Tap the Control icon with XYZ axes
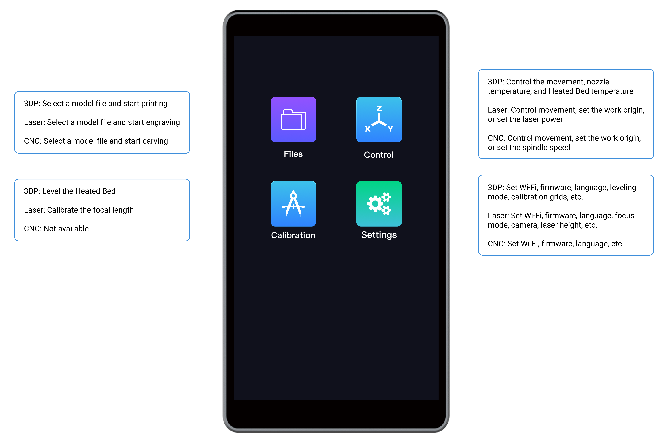pyautogui.click(x=379, y=120)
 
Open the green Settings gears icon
pyautogui.click(x=379, y=204)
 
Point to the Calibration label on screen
pyautogui.click(x=293, y=235)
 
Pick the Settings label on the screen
pyautogui.click(x=379, y=235)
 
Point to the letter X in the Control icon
pyautogui.click(x=367, y=129)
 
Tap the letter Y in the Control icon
pyautogui.click(x=390, y=129)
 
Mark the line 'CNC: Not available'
pyautogui.click(x=56, y=229)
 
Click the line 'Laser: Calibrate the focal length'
pyautogui.click(x=79, y=210)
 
